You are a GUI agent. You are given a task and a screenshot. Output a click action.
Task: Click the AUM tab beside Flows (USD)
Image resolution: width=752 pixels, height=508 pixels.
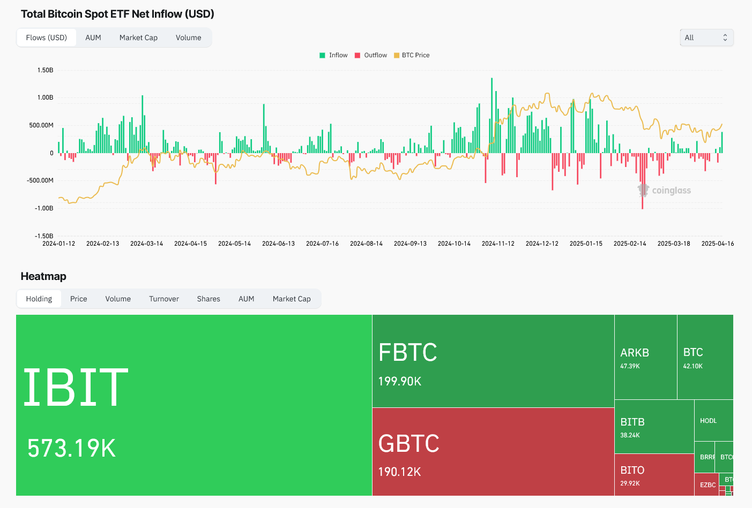tap(93, 37)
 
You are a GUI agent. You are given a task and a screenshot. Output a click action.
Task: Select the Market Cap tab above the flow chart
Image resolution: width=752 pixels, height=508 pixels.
tap(138, 37)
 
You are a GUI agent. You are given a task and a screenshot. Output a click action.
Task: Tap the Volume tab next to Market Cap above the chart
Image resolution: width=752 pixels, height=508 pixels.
tap(189, 37)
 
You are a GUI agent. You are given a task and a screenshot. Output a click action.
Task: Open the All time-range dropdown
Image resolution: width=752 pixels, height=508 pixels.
tap(706, 37)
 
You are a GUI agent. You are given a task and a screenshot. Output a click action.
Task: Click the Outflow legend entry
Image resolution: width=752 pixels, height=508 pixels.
tap(375, 55)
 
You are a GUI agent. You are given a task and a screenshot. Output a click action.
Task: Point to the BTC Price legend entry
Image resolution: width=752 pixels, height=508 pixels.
tap(415, 55)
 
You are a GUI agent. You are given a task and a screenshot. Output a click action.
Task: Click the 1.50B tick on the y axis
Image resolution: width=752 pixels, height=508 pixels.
tap(45, 70)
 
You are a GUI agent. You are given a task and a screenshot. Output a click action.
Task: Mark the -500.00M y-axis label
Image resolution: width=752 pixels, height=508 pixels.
tap(40, 180)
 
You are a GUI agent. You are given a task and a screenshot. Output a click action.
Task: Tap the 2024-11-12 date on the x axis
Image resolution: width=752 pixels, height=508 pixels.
tap(498, 244)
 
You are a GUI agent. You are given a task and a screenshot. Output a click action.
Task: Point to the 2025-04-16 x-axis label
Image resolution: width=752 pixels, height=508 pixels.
tap(718, 244)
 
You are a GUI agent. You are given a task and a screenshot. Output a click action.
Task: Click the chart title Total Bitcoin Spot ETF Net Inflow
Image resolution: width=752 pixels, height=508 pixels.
tap(117, 14)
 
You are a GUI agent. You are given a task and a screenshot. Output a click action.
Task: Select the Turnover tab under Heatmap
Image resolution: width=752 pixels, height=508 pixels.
tap(164, 299)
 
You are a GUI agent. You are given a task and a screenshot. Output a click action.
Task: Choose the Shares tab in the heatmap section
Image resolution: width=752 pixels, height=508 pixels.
tap(209, 299)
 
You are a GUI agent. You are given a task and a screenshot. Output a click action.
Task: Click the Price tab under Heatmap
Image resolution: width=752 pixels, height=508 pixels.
tap(79, 299)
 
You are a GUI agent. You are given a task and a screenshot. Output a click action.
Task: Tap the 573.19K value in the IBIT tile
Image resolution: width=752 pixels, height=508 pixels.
tap(72, 448)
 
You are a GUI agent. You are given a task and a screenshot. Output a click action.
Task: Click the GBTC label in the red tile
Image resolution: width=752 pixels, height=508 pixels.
tap(409, 444)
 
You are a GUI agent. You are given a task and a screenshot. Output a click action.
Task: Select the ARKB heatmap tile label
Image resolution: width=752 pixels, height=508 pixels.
tap(635, 353)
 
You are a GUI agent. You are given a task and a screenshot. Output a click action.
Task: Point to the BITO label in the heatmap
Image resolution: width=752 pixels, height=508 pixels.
tap(632, 470)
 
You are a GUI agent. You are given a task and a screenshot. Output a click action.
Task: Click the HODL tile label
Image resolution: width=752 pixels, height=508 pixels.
tap(708, 421)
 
